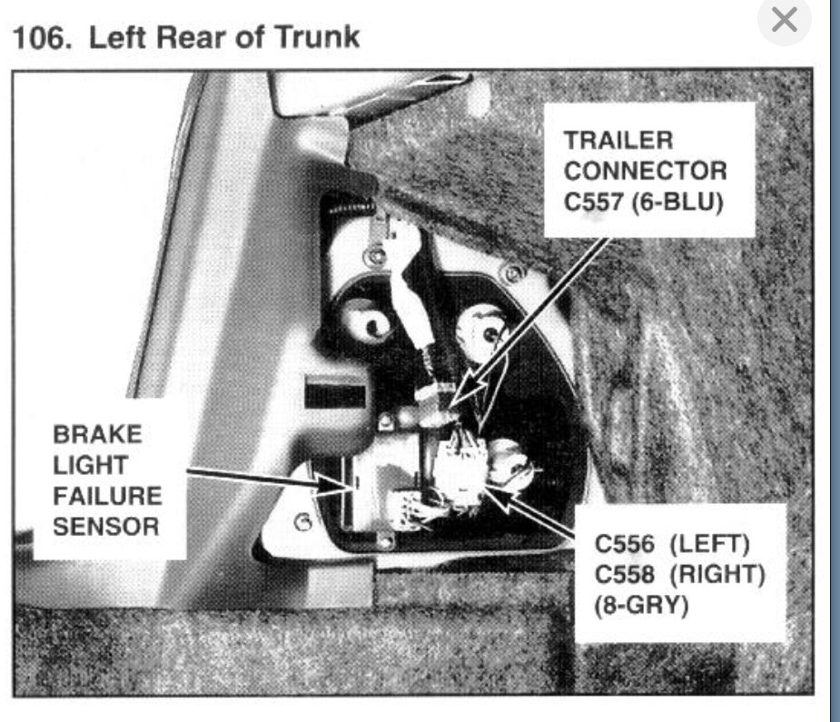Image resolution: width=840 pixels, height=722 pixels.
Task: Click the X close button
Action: (x=783, y=19)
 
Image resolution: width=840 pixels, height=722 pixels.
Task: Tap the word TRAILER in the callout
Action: (x=618, y=141)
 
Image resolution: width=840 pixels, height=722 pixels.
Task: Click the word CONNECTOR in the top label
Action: (x=645, y=171)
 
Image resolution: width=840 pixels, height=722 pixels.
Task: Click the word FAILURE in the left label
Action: (x=107, y=495)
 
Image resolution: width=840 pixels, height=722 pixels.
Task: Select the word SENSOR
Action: (x=106, y=526)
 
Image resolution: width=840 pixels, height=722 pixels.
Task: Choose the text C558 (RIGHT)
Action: (x=677, y=574)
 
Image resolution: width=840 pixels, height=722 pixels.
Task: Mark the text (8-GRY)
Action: (x=642, y=604)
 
